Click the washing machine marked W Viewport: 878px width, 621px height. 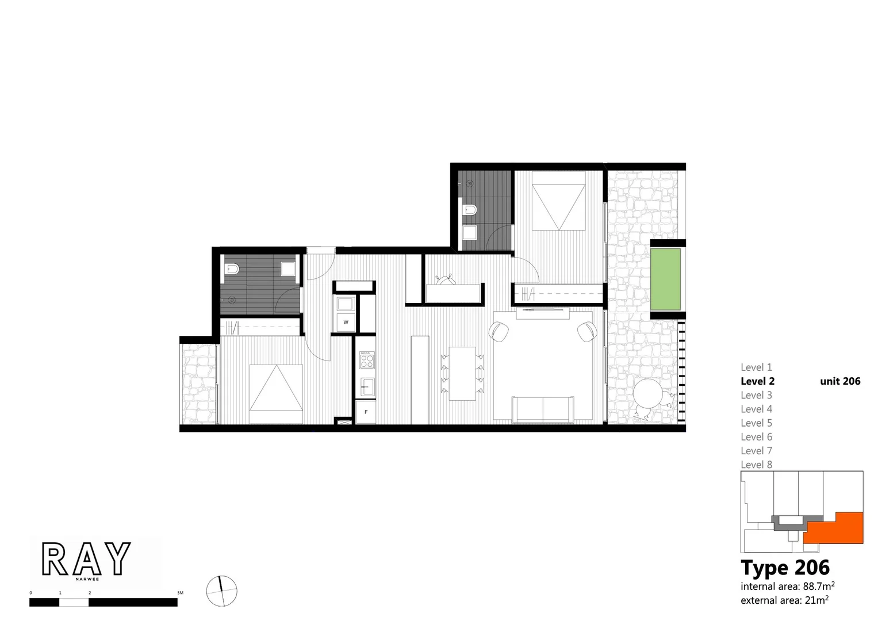coord(346,322)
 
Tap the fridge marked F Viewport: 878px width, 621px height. coord(366,412)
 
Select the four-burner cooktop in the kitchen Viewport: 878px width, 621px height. coord(367,361)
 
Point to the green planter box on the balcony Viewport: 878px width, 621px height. coord(665,279)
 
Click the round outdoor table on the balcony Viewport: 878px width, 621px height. coord(648,395)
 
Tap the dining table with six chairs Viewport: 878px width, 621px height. coord(463,373)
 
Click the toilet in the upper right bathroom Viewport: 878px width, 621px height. coord(469,210)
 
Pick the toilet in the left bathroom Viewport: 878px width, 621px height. coord(232,269)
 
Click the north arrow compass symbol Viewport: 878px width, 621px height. coord(221,591)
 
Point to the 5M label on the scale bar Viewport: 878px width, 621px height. coord(180,593)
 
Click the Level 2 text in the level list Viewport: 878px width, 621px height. coord(757,381)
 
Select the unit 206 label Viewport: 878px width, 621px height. coord(840,381)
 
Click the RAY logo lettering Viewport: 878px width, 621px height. coord(86,559)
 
